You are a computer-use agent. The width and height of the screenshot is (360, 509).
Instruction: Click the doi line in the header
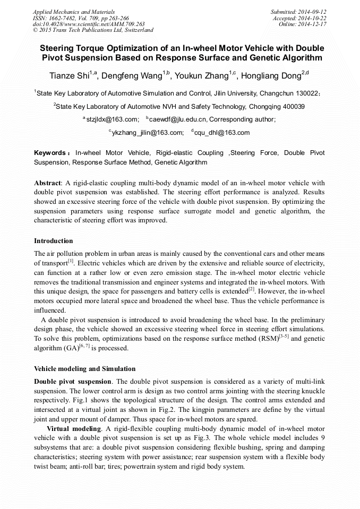89,24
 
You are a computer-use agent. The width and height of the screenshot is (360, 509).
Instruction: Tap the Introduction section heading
54,241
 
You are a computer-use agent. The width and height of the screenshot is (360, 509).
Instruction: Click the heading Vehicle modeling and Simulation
84,368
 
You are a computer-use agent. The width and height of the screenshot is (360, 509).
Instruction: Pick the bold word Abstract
48,183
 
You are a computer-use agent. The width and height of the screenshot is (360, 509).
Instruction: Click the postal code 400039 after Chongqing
293,106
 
